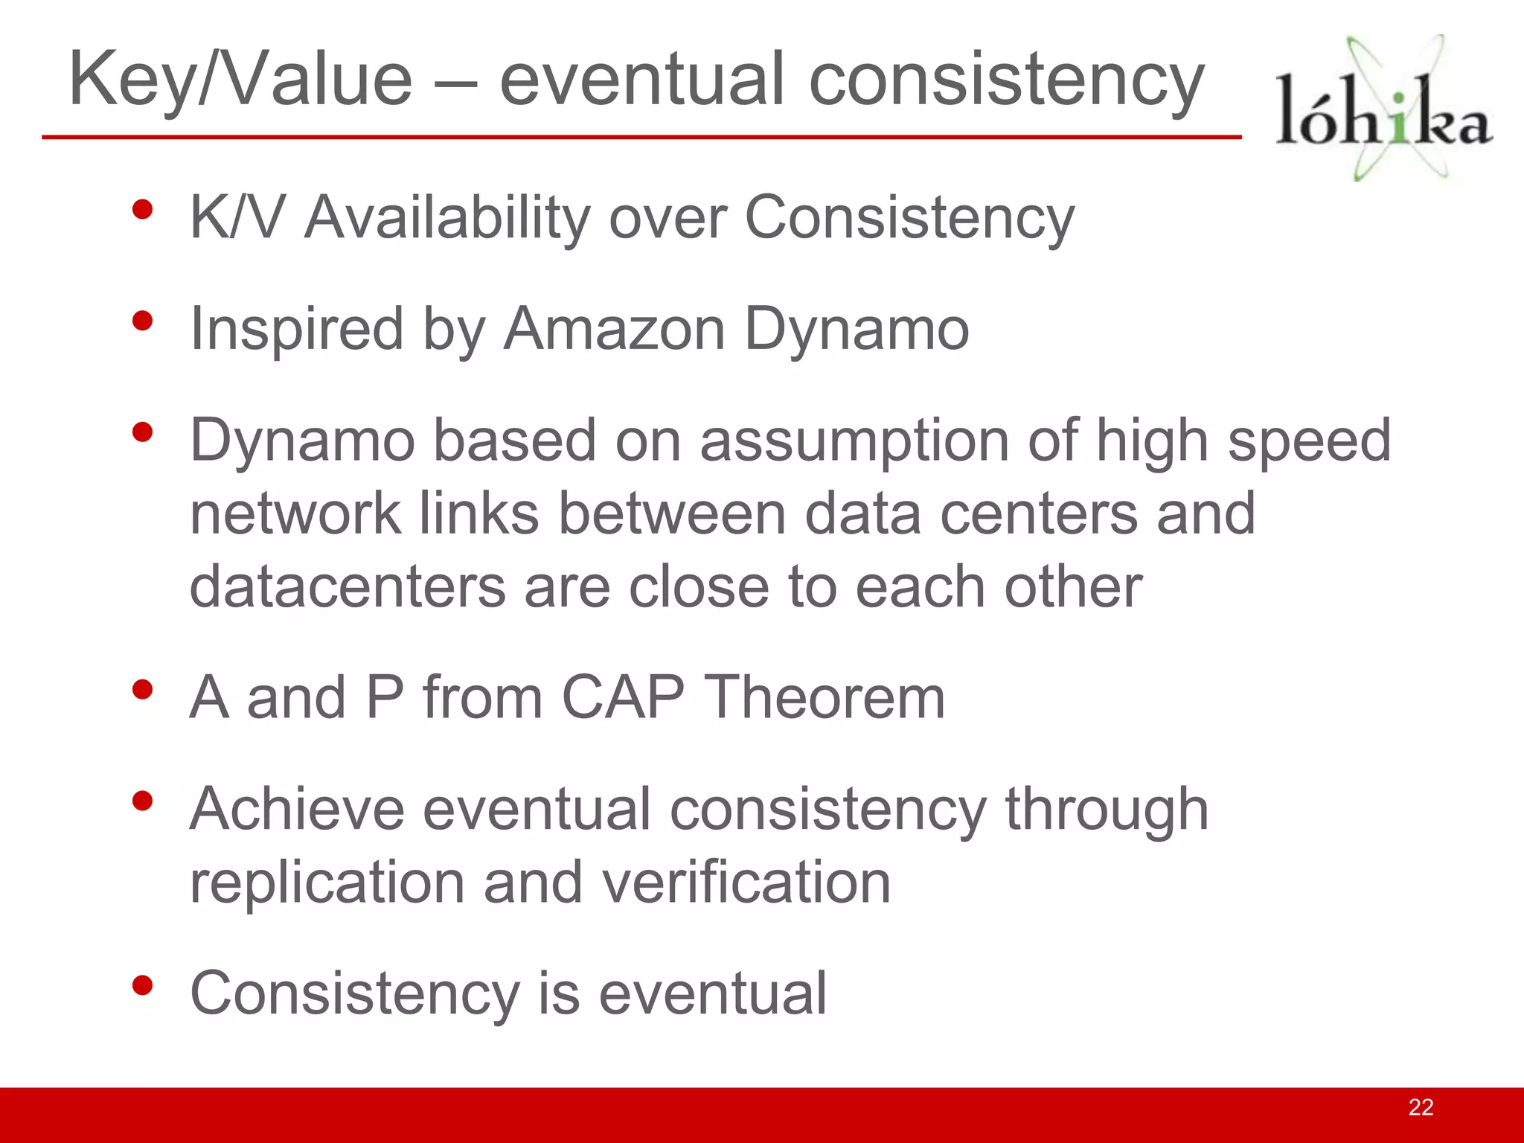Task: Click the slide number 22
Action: pyautogui.click(x=1420, y=1107)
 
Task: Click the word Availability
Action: pyautogui.click(x=446, y=218)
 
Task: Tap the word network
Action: pyautogui.click(x=295, y=513)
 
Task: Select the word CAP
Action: pyautogui.click(x=623, y=697)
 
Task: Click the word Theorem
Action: pyautogui.click(x=824, y=697)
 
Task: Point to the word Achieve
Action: pyautogui.click(x=296, y=809)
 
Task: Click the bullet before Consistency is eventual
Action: pyautogui.click(x=142, y=985)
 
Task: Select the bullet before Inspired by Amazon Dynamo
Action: pyautogui.click(x=142, y=321)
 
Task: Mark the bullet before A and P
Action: pyautogui.click(x=142, y=690)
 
